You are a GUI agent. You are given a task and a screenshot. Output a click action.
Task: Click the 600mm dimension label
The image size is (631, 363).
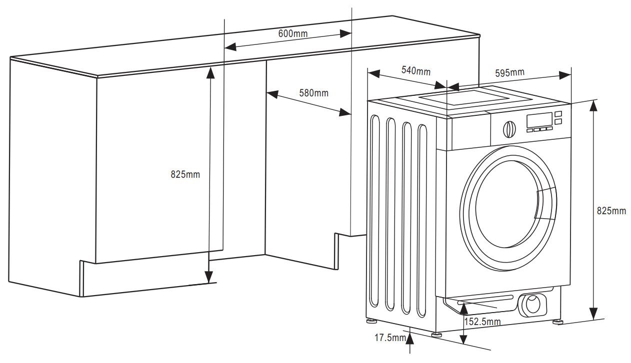coord(293,33)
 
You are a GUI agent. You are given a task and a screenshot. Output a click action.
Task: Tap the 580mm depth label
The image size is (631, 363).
coord(313,93)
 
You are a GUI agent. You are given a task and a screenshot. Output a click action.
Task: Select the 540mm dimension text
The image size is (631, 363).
coord(415,70)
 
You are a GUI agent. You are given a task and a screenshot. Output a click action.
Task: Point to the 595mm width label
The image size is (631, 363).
coord(509,72)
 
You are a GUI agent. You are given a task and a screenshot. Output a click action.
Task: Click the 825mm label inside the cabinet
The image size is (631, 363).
coord(185,174)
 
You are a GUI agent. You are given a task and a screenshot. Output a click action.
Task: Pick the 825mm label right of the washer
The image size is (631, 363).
coord(611,211)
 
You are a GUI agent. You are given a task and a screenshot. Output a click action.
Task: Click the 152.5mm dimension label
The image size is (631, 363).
coord(482,322)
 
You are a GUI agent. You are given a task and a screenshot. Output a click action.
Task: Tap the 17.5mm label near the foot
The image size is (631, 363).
coord(390,338)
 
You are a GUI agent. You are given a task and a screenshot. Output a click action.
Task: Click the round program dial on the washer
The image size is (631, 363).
coord(508,129)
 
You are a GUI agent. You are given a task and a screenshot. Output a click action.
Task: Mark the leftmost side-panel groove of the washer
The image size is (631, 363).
coord(374,210)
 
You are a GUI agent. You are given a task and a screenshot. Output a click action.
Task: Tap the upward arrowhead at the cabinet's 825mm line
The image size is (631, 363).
coord(210,73)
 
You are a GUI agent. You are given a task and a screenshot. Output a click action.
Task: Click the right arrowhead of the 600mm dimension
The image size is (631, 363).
coord(345,34)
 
